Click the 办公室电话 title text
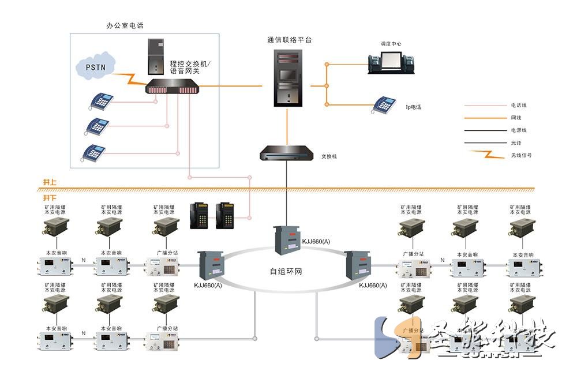pos(125,26)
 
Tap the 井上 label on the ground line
pos(50,182)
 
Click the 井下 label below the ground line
pos(50,198)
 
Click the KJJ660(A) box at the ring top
pos(287,239)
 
